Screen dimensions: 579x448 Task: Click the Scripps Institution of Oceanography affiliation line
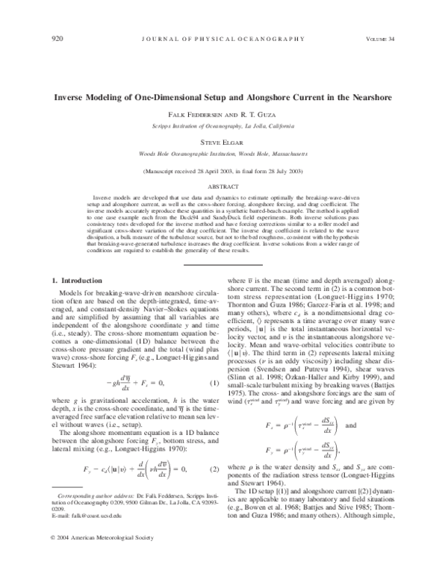coord(223,126)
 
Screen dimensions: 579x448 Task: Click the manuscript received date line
coord(223,171)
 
